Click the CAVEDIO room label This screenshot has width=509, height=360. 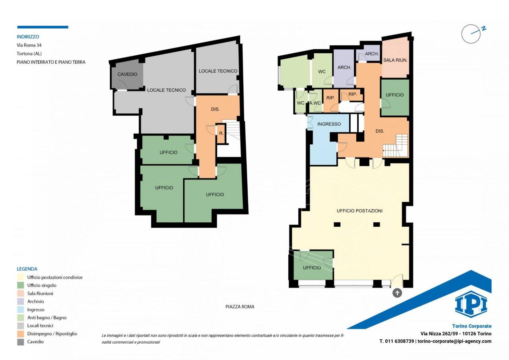pos(127,74)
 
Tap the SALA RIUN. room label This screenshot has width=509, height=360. pos(395,60)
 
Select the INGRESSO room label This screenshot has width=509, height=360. pos(329,124)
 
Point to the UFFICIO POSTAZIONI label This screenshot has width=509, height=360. pos(359,211)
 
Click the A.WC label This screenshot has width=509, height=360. pos(315,103)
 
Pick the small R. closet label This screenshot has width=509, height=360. pos(221,133)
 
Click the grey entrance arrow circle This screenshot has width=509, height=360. pos(397,293)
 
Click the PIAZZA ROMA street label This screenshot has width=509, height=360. pos(240,307)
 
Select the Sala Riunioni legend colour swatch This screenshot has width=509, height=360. pos(20,294)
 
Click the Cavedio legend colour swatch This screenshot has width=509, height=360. pos(20,342)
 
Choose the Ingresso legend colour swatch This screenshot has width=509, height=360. pos(20,309)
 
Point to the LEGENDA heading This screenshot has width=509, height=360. pos(27,269)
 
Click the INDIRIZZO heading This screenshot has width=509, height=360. pos(28,37)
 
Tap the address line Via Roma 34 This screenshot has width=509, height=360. pos(29,45)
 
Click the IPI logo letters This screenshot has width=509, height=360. pos(471,305)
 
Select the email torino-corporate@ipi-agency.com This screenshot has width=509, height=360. pos(455,341)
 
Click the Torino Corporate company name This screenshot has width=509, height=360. pos(472,326)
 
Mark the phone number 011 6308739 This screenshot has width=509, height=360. pos(400,341)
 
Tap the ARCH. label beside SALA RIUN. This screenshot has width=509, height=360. pos(372,54)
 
